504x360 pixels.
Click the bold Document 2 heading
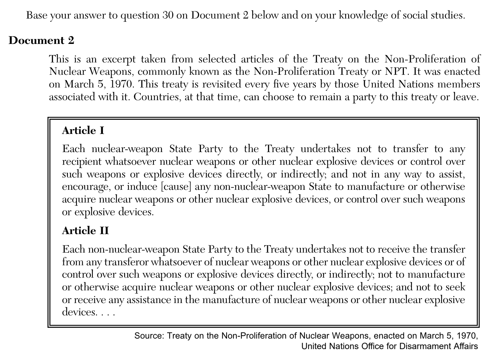pyautogui.click(x=41, y=40)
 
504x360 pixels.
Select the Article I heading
pyautogui.click(x=83, y=131)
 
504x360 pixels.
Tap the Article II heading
pyautogui.click(x=85, y=231)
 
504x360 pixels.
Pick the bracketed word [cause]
pyautogui.click(x=176, y=187)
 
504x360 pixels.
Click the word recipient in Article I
pyautogui.click(x=82, y=161)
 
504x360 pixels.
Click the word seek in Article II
pyautogui.click(x=455, y=287)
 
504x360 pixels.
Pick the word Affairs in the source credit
pyautogui.click(x=465, y=346)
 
